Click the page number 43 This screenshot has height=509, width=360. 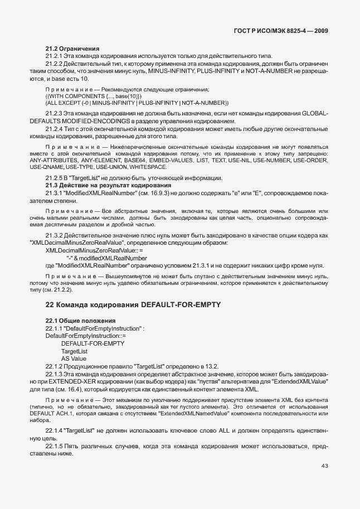click(324, 466)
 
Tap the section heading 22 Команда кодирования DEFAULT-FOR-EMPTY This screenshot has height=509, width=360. click(133, 304)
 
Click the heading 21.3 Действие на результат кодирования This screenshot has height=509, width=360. click(108, 185)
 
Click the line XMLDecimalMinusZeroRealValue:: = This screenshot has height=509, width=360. click(94, 251)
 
